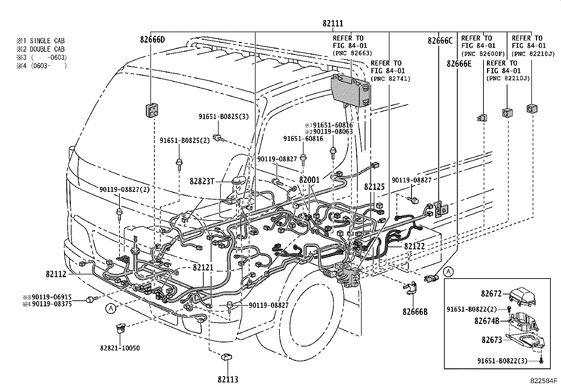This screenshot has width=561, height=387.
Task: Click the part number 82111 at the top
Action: click(x=333, y=24)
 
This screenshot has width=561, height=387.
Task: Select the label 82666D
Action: click(x=152, y=39)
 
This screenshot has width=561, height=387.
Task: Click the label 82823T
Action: click(x=202, y=181)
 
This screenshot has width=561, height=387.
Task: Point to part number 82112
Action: click(x=56, y=274)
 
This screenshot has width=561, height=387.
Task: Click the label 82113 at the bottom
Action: click(x=228, y=379)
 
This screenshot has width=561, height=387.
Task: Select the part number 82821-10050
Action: click(x=120, y=348)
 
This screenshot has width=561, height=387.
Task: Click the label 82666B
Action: click(x=415, y=312)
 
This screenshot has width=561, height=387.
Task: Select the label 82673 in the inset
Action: click(x=492, y=340)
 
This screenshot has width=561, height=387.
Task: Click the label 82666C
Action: click(x=440, y=40)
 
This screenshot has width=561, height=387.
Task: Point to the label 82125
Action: click(x=374, y=187)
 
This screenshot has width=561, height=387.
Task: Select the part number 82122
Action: click(x=414, y=246)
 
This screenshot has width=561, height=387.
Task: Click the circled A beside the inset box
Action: click(x=448, y=271)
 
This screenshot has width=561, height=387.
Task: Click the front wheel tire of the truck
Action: click(x=303, y=310)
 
